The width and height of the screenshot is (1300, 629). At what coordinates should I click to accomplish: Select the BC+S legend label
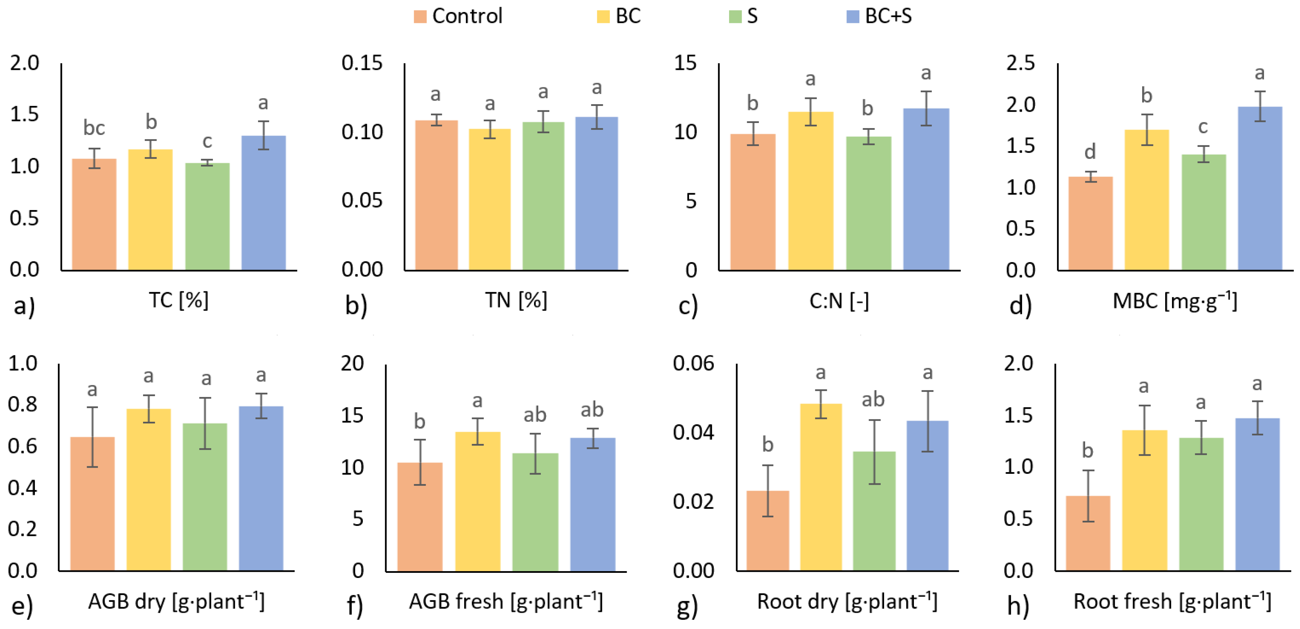pyautogui.click(x=888, y=17)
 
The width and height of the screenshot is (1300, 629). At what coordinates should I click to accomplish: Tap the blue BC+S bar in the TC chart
pyautogui.click(x=264, y=202)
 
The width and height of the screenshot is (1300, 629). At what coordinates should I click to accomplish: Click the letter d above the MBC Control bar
pyautogui.click(x=1090, y=151)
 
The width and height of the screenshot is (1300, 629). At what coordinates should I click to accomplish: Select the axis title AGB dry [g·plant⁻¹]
pyautogui.click(x=176, y=601)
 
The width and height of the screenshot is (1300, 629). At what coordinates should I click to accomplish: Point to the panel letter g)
pyautogui.click(x=687, y=606)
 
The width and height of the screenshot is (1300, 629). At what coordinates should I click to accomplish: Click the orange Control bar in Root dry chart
pyautogui.click(x=768, y=530)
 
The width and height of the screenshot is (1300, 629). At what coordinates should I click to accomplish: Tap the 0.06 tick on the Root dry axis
pyautogui.click(x=693, y=364)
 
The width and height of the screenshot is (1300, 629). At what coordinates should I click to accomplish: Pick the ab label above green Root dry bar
pyautogui.click(x=873, y=400)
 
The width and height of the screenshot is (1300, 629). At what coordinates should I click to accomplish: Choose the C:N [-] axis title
pyautogui.click(x=839, y=301)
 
